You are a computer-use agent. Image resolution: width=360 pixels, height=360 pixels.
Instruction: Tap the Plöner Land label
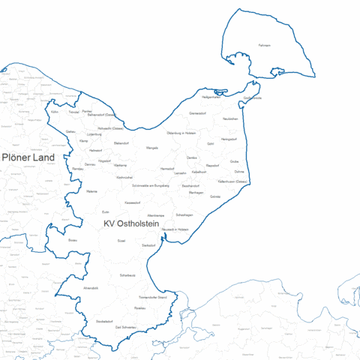pyautogui.click(x=29, y=157)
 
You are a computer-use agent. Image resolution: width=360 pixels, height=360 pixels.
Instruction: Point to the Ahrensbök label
pyautogui.click(x=91, y=288)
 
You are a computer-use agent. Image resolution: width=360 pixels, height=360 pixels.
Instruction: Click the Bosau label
pyautogui.click(x=73, y=240)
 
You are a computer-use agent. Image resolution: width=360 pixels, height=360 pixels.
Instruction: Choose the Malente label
pyautogui.click(x=92, y=192)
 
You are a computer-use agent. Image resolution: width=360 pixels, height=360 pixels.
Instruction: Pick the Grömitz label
pyautogui.click(x=215, y=196)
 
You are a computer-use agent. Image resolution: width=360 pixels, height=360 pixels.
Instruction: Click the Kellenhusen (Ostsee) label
pyautogui.click(x=232, y=181)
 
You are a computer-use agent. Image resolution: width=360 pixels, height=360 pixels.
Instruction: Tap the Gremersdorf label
pyautogui.click(x=199, y=113)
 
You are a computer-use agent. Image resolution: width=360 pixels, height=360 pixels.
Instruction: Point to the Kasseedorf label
pyautogui.click(x=133, y=202)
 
